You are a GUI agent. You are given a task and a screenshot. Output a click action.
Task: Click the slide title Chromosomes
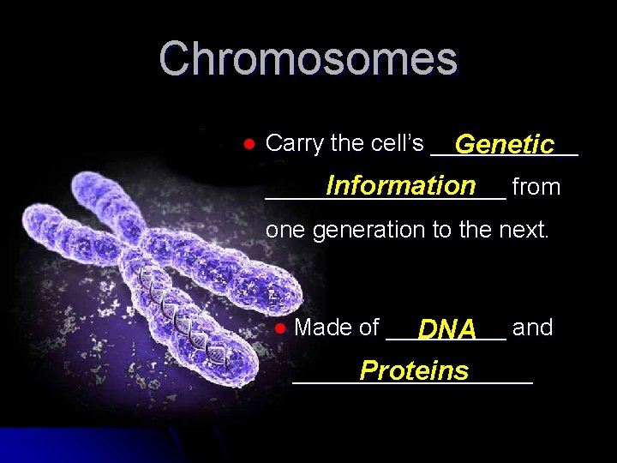[308, 59]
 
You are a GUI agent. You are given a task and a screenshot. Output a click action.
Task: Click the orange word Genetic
[505, 144]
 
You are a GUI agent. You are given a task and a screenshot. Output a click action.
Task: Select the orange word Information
[400, 186]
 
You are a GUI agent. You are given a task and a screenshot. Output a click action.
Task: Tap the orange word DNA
[447, 329]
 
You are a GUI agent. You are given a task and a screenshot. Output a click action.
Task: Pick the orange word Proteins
[414, 370]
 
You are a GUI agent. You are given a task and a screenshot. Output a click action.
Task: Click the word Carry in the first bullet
[295, 144]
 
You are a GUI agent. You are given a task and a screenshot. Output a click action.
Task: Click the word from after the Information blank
[536, 187]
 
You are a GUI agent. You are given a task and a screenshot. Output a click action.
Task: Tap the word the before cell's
[347, 143]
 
